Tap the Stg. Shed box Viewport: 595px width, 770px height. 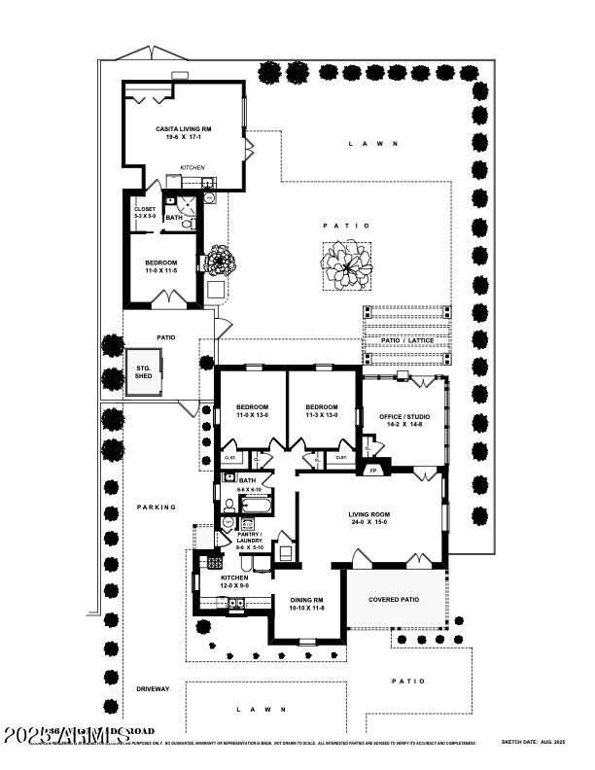tap(143, 371)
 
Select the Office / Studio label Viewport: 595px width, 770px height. tap(403, 420)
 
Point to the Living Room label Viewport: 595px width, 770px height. tap(369, 518)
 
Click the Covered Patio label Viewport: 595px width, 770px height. tap(394, 600)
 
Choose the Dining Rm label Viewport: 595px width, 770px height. tap(305, 604)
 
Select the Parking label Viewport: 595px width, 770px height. tap(157, 507)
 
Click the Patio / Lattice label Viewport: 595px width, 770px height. tap(407, 340)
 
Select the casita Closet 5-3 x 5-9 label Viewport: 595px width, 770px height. tap(144, 211)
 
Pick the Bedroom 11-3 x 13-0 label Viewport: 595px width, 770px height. tap(321, 410)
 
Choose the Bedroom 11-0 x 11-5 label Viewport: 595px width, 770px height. tap(161, 266)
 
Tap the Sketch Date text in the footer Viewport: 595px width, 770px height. tap(533, 742)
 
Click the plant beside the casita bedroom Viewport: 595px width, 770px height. tap(219, 261)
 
